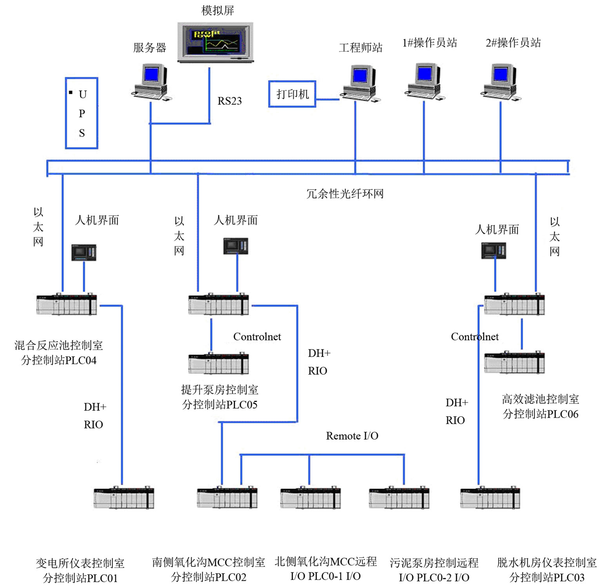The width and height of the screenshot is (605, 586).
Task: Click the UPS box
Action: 82,113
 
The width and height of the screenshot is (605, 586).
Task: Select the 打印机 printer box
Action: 292,94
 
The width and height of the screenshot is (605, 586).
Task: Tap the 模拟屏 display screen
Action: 215,42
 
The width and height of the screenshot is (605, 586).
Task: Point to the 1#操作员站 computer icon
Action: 425,82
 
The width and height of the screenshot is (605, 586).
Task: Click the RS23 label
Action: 230,101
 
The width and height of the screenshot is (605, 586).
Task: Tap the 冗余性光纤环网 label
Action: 345,194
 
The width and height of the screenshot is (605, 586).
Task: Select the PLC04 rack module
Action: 67,304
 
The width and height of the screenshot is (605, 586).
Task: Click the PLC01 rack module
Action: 124,498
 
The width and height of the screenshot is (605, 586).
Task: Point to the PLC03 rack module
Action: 490,498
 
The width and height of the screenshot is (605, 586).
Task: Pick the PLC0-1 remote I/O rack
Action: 310,498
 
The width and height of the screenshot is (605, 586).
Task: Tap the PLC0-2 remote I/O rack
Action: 399,498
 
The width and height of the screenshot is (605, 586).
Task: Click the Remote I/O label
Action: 352,436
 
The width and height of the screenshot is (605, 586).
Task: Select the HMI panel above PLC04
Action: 84,253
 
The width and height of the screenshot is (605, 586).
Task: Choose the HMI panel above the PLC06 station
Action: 494,250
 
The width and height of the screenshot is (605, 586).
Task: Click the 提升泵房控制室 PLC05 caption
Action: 219,397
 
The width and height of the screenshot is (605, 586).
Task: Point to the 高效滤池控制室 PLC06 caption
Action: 540,407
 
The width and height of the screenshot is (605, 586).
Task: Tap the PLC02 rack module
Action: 227,498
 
